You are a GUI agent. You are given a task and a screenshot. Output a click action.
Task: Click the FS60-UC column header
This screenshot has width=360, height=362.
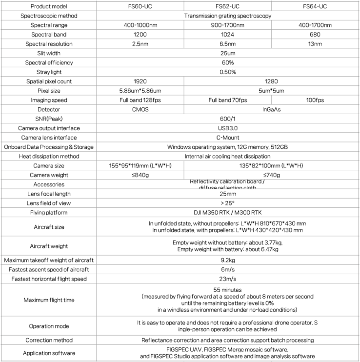140,6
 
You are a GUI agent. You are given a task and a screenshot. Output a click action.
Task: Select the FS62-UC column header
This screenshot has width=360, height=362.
228,6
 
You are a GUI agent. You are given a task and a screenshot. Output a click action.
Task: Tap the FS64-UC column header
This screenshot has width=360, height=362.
315,6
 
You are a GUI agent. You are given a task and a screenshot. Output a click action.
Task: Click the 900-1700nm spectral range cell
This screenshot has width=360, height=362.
228,25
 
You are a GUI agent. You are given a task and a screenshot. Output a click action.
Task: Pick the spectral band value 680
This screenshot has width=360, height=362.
315,35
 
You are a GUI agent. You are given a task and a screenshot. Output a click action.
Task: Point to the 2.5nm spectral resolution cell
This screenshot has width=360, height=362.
140,44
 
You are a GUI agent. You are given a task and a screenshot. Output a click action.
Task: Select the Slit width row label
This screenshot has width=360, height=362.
48,53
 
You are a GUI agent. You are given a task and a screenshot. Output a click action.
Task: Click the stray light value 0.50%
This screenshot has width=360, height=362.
228,72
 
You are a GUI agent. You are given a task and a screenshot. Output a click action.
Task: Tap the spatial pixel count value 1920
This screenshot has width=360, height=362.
140,81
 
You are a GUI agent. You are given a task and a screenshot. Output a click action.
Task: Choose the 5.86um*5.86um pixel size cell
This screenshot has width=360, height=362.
140,91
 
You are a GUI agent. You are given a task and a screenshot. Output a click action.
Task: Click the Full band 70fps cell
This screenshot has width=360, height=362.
228,100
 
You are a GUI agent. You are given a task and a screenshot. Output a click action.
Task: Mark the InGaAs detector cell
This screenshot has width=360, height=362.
272,109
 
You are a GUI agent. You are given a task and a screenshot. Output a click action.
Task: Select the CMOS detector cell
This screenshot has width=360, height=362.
140,109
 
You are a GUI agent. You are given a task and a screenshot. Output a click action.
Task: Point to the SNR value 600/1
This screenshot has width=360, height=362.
228,119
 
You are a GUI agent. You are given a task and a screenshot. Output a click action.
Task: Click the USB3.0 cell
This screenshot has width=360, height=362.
228,128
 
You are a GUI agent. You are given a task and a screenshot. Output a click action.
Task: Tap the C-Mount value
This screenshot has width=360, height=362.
228,138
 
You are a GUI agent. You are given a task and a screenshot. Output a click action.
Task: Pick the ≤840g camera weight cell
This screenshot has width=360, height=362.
140,175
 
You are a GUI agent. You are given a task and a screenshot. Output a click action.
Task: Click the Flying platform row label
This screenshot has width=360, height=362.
48,213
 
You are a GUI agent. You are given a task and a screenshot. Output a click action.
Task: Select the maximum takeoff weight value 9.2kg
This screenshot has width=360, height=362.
228,261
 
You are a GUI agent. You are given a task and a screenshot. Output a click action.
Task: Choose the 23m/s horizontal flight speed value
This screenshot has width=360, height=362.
228,279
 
